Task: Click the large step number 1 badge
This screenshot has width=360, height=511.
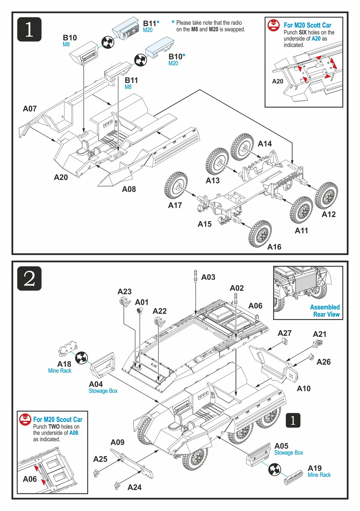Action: (x=29, y=29)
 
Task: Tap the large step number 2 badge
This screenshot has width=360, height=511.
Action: (x=29, y=278)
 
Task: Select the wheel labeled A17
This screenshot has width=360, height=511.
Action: (x=176, y=185)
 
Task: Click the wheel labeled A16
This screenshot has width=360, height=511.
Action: (x=260, y=234)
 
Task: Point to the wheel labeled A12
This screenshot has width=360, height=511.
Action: (x=326, y=195)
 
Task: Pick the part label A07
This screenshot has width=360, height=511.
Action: (x=30, y=109)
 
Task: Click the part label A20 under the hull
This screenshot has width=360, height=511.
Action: (x=61, y=177)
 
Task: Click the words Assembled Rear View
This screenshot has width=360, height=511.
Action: (x=325, y=310)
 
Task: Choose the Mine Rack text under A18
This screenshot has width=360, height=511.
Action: (x=60, y=371)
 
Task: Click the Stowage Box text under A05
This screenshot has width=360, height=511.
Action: (x=289, y=452)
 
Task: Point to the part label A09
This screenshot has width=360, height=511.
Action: (x=117, y=442)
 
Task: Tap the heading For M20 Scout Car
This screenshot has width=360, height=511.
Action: (x=58, y=419)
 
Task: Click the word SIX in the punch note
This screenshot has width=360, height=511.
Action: (x=302, y=32)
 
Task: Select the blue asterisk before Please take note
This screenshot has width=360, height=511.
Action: (x=173, y=22)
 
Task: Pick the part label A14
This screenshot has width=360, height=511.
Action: (x=265, y=144)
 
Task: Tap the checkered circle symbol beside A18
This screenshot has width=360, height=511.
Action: (x=81, y=358)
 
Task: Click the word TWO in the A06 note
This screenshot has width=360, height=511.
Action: (x=54, y=427)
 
